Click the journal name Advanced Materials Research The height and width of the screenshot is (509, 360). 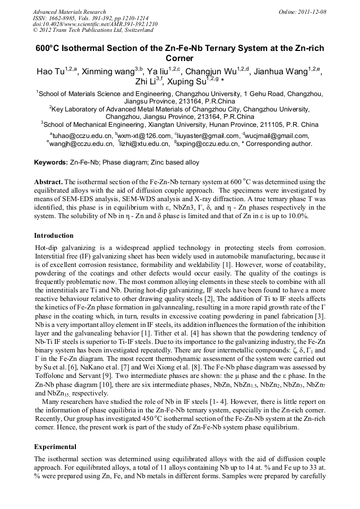[69, 12]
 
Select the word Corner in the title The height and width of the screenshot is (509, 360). [179, 58]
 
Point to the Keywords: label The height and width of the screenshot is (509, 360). [51, 161]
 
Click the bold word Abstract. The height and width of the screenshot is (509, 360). [49, 182]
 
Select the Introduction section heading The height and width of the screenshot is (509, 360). [54, 236]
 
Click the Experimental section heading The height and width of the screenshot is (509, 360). [55, 447]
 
